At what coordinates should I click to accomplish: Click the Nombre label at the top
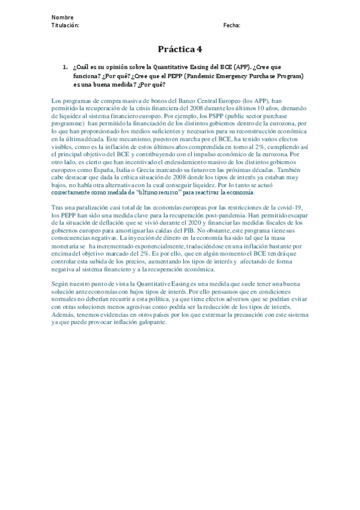coord(63,17)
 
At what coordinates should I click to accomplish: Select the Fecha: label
coord(231,25)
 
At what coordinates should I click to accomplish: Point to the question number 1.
coord(65,67)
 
